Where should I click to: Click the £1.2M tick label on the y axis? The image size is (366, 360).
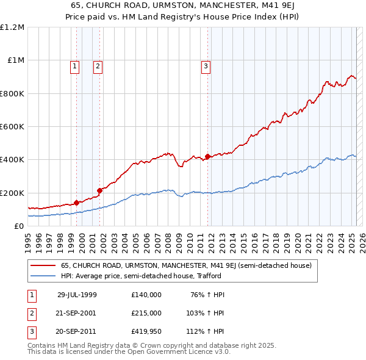click(12, 27)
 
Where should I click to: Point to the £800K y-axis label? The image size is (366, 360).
click(12, 93)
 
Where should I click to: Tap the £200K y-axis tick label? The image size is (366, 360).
click(12, 193)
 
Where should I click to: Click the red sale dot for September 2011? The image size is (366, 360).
click(207, 156)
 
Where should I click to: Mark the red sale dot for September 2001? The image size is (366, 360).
click(99, 190)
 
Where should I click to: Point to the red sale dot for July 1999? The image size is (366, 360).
click(76, 203)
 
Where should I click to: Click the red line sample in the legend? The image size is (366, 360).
click(43, 266)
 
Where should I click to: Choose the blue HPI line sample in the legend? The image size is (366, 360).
click(43, 276)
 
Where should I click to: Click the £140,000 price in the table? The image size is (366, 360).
click(146, 295)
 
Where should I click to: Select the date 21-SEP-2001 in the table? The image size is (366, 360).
click(76, 314)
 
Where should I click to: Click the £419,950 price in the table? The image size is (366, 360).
click(146, 333)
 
